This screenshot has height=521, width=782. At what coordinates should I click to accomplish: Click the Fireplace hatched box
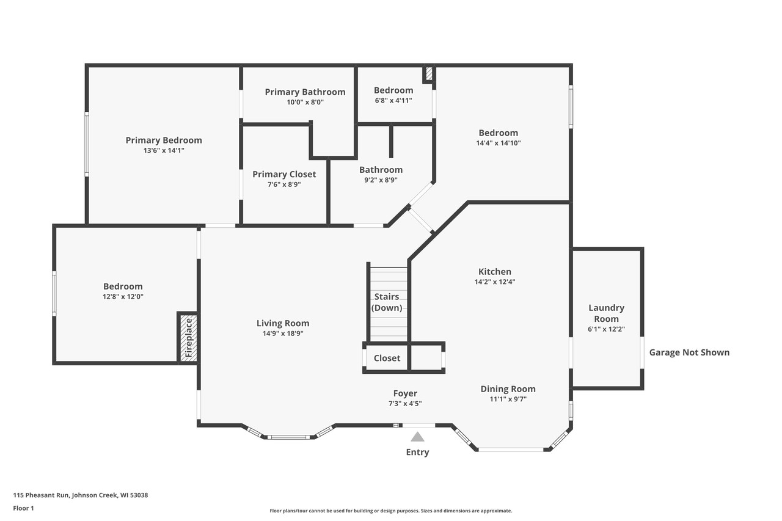point(188,338)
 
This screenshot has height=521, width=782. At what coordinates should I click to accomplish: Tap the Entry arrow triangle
point(417,437)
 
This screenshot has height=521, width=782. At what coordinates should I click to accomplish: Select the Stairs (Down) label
point(387,302)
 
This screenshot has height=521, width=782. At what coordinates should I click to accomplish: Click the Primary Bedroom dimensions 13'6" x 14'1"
point(164,150)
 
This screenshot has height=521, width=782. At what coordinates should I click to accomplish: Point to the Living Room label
point(283,323)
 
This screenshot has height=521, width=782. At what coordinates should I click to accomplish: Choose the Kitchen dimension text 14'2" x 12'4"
point(495,282)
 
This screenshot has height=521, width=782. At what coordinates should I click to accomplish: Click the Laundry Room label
point(606,313)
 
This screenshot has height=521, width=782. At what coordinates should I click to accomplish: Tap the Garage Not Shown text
point(689,352)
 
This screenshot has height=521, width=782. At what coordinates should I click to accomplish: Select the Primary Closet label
point(284,174)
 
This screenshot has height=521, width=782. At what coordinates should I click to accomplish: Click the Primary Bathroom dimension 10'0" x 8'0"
point(305,102)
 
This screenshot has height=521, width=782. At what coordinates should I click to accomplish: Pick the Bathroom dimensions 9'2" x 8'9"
point(381,180)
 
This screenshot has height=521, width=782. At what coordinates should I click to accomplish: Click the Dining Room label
point(508,388)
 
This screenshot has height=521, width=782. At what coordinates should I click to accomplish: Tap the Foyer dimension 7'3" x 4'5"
point(405,404)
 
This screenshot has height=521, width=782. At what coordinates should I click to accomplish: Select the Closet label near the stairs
point(387,358)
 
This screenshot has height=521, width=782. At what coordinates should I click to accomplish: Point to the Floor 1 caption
point(24,508)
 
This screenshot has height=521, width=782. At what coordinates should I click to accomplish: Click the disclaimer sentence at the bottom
point(391,511)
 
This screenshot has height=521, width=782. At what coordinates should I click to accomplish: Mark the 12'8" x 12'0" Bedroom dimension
point(123,297)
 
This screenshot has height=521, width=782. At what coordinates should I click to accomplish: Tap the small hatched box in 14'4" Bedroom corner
point(429,74)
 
